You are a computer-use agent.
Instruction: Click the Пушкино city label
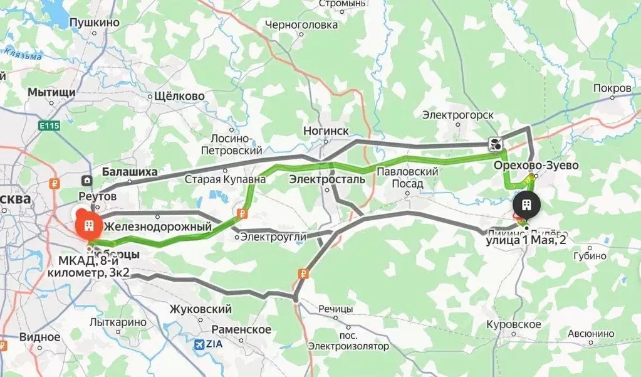point(95,23)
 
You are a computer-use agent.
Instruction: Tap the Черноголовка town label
point(301,25)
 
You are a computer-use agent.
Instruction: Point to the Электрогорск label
point(458,115)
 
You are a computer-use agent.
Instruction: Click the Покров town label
point(612,89)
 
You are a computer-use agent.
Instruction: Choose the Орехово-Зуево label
point(536,166)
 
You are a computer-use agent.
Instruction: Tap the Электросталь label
point(326,179)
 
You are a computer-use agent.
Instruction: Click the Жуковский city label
point(201,309)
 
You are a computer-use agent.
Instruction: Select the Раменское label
point(241,329)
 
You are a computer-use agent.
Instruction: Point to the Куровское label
point(514,324)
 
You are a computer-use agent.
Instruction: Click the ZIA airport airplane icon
point(200,344)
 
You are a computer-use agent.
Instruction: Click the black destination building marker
point(526,206)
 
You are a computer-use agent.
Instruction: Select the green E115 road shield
point(49,126)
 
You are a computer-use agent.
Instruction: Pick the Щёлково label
point(179,97)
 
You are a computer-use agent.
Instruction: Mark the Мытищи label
point(51,92)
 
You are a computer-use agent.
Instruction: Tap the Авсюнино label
point(591,333)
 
